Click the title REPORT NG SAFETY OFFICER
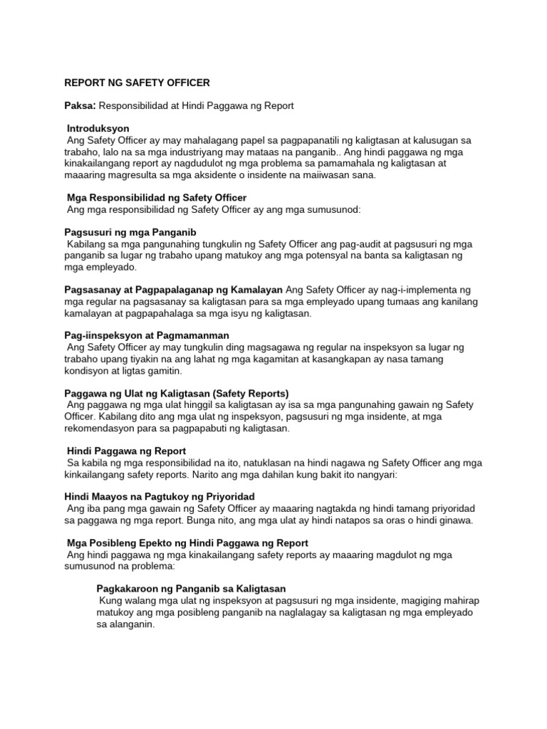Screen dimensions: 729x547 (x=137, y=83)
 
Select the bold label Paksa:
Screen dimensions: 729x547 (x=80, y=105)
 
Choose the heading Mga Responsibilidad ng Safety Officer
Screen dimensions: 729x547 (x=156, y=197)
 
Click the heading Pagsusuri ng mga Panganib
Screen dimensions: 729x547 (x=130, y=232)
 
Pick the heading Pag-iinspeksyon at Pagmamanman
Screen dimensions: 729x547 (x=147, y=335)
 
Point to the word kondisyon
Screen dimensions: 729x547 (x=87, y=371)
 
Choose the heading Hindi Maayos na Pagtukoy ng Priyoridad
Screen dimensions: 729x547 (x=160, y=496)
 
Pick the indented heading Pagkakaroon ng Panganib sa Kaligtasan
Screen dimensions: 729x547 (x=190, y=589)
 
